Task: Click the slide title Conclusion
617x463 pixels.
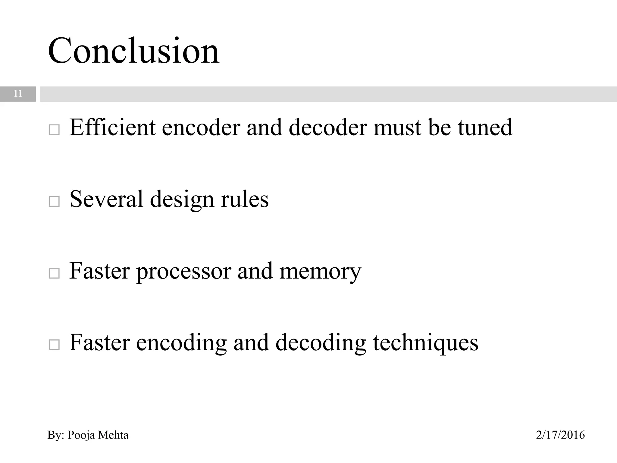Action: coord(133,51)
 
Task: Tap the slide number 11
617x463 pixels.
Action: coord(18,94)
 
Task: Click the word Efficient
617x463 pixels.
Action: coord(112,127)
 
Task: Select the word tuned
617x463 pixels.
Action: coord(485,127)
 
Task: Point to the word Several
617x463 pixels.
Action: coord(106,199)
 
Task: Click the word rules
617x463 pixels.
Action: coord(244,199)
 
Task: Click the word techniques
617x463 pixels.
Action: coord(425,343)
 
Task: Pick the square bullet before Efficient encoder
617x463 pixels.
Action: coord(54,130)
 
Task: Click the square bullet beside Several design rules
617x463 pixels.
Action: coord(54,201)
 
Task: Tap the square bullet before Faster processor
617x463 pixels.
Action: coord(54,273)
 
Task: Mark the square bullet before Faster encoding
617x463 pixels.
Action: coord(54,345)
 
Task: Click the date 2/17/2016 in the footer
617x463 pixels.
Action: coord(560,435)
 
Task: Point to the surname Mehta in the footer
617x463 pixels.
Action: coord(113,435)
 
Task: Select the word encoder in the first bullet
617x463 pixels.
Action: coord(201,127)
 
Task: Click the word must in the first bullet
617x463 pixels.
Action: coord(397,127)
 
